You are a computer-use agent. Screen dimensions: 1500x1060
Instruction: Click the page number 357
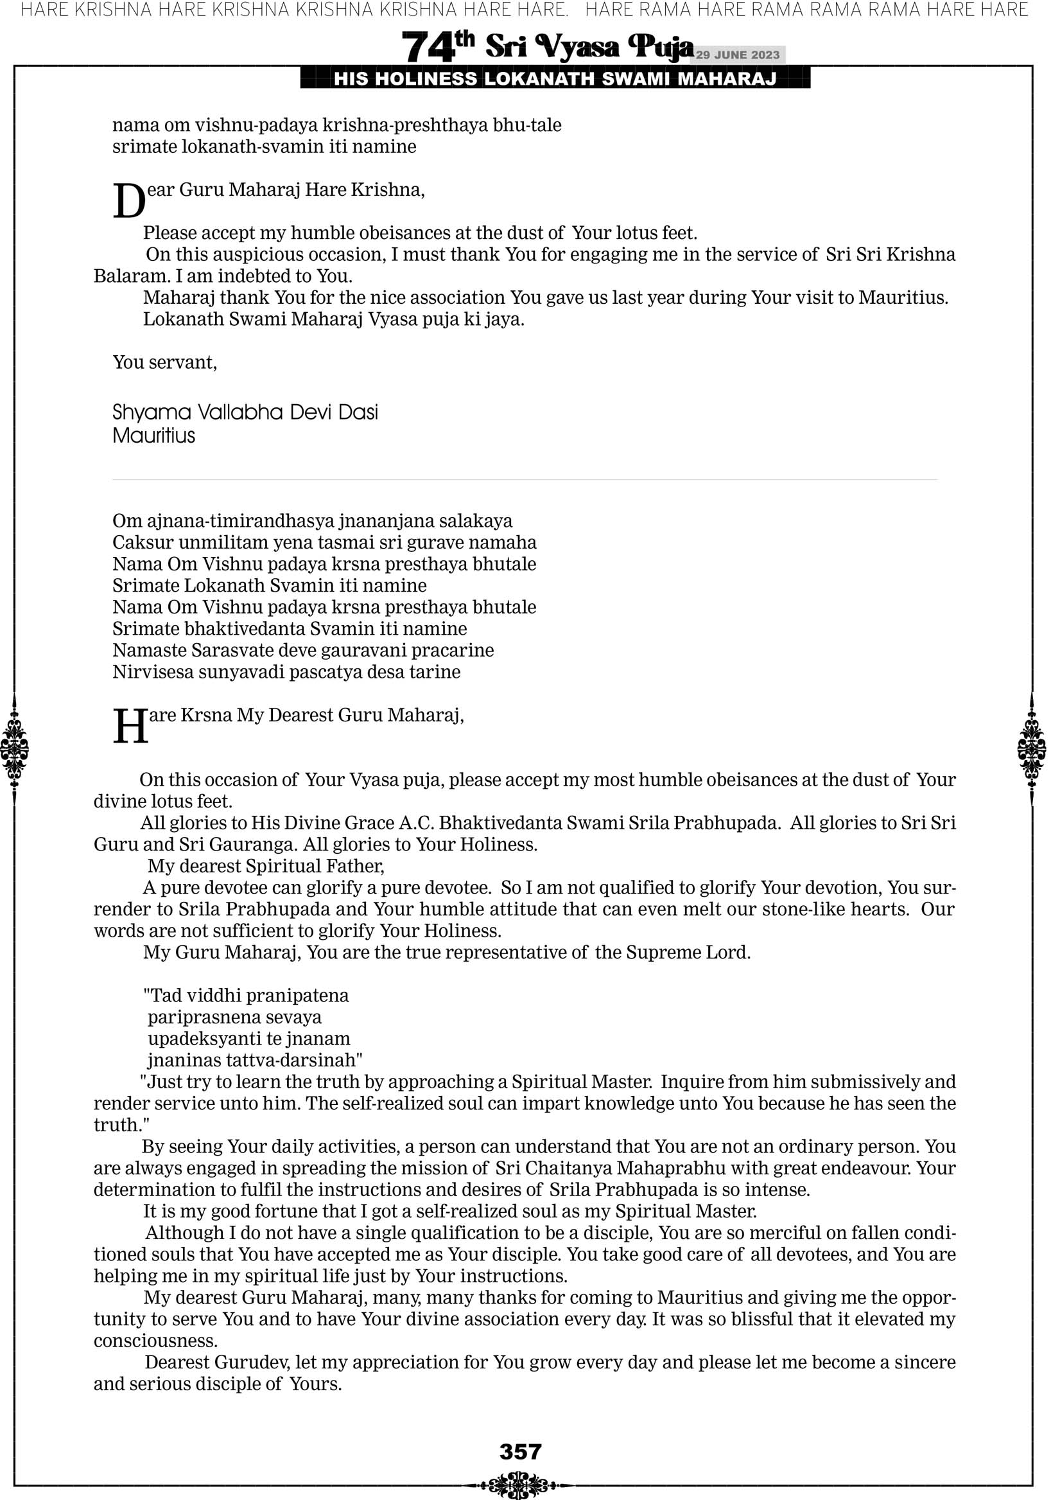520,1451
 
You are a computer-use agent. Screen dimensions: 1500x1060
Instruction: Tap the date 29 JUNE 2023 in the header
737,55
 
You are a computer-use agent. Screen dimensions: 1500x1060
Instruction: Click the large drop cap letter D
128,201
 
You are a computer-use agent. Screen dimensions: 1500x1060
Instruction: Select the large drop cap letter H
130,727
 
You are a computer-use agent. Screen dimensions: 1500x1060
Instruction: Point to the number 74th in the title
437,46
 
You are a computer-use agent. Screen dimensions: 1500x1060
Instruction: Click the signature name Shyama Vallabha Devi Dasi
245,412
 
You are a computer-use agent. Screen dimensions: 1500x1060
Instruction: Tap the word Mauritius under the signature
153,436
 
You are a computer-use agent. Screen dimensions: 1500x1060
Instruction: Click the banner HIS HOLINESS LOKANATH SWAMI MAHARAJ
555,79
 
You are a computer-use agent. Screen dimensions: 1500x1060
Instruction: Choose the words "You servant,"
164,362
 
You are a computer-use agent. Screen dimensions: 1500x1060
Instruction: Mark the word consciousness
155,1341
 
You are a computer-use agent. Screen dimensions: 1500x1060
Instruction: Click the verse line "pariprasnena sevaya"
234,1017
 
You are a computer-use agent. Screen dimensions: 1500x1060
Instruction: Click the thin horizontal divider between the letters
525,479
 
